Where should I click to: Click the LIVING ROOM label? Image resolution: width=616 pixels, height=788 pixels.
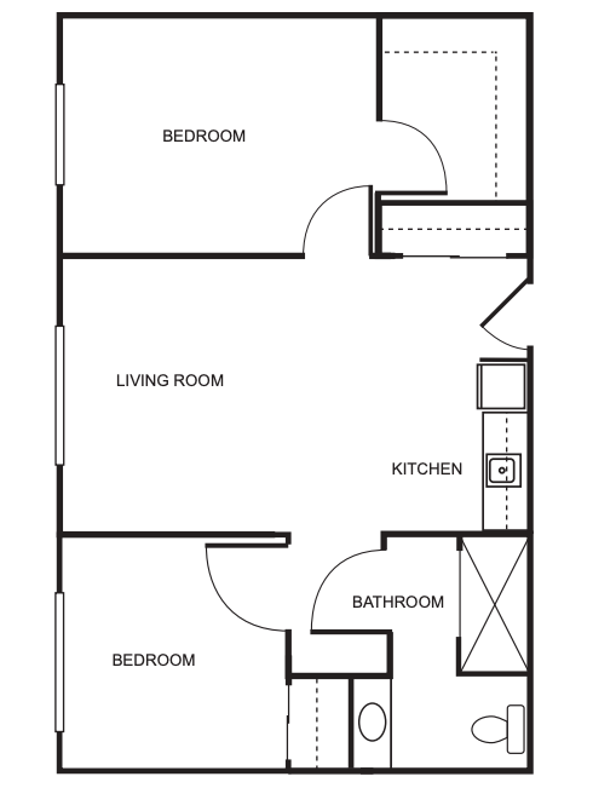click(x=170, y=381)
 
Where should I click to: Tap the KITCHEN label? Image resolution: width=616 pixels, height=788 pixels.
click(x=427, y=469)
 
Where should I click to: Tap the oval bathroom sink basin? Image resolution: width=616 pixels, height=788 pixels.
click(x=372, y=722)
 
